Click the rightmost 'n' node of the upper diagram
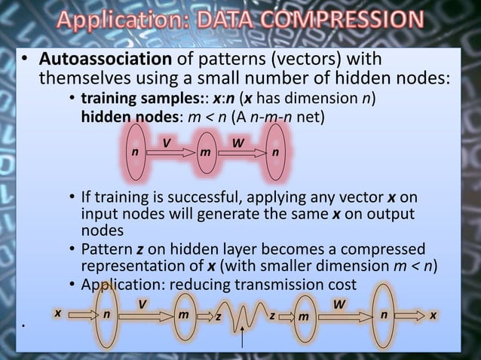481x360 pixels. (x=276, y=151)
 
